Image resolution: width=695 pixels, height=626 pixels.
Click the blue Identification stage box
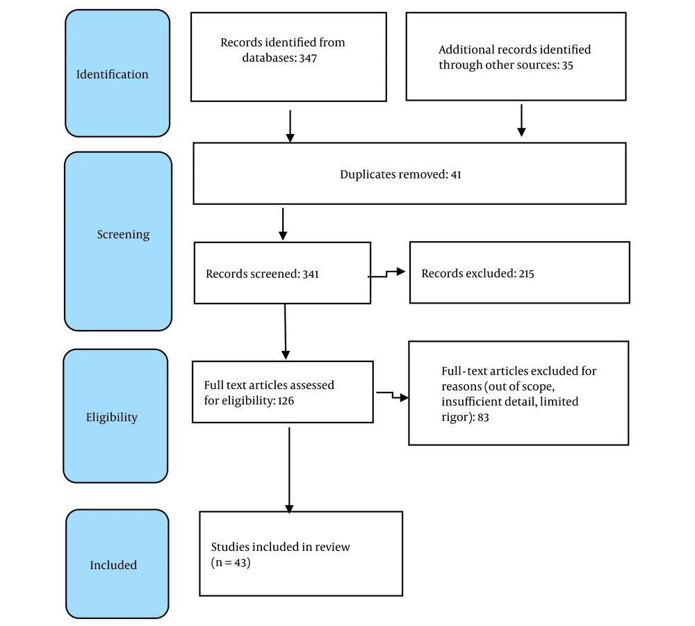pyautogui.click(x=117, y=73)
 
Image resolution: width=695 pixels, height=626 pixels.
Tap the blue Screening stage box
pyautogui.click(x=118, y=242)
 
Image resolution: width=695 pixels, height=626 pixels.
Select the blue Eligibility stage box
pyautogui.click(x=115, y=416)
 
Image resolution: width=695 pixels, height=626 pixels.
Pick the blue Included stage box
pyautogui.click(x=117, y=564)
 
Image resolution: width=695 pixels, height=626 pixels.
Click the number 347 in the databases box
pyautogui.click(x=308, y=58)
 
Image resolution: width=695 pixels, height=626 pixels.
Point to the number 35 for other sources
pyautogui.click(x=567, y=65)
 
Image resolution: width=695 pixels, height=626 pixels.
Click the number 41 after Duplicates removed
pyautogui.click(x=456, y=174)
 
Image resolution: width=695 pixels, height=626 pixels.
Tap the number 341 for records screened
pyautogui.click(x=310, y=274)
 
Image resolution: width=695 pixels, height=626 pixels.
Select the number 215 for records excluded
pyautogui.click(x=526, y=274)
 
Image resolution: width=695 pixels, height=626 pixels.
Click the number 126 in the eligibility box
pyautogui.click(x=286, y=401)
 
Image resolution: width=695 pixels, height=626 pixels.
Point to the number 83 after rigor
pyautogui.click(x=483, y=418)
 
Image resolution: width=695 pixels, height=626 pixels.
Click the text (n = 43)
pyautogui.click(x=231, y=563)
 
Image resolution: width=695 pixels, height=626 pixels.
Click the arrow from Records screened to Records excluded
pyautogui.click(x=386, y=274)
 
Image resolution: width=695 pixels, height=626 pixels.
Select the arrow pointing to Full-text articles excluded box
pyautogui.click(x=392, y=395)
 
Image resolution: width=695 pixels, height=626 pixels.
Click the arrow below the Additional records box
pyautogui.click(x=522, y=120)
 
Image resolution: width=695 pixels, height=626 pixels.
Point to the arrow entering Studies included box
pyautogui.click(x=289, y=470)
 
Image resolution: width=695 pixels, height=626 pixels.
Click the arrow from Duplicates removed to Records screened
pyautogui.click(x=283, y=224)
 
